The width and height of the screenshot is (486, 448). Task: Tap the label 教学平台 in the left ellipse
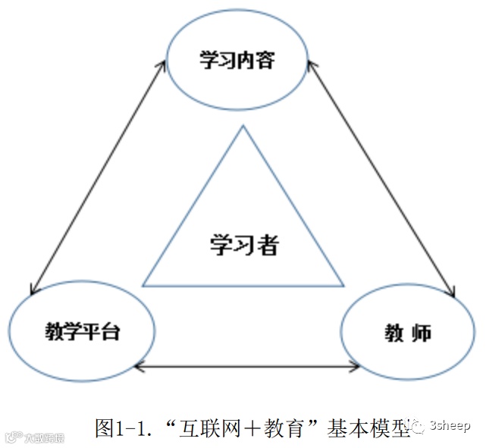click(81, 331)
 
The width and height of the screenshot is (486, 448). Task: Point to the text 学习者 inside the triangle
click(244, 244)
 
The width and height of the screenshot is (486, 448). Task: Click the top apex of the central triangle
click(243, 127)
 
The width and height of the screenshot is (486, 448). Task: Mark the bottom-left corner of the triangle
click(144, 286)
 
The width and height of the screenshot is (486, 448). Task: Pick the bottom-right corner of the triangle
click(343, 286)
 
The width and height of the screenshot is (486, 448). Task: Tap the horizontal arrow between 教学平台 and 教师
click(247, 368)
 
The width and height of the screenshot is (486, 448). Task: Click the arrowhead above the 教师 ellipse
click(453, 293)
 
